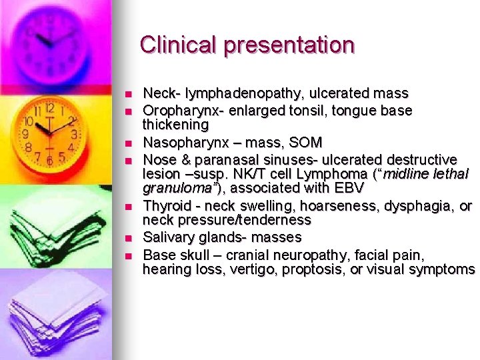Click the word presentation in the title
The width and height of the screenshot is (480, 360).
point(289,45)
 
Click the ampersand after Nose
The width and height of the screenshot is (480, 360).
point(183,159)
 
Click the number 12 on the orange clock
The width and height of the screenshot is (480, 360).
point(49,108)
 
